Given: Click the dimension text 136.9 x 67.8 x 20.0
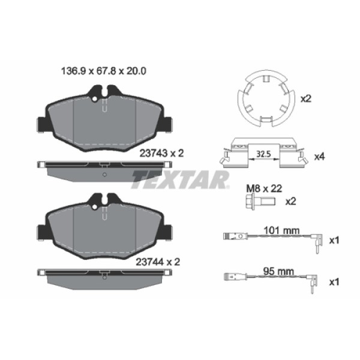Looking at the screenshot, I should pyautogui.click(x=105, y=70).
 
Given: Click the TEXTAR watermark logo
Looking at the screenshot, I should pyautogui.click(x=180, y=178).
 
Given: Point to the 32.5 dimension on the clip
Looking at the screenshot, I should pyautogui.click(x=262, y=154).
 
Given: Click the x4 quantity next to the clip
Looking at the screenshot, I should pyautogui.click(x=319, y=157).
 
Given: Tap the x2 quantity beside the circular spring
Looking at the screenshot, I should pyautogui.click(x=306, y=98).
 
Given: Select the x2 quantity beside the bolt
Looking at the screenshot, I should pyautogui.click(x=290, y=201).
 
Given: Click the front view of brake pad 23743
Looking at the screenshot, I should pyautogui.click(x=104, y=120).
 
